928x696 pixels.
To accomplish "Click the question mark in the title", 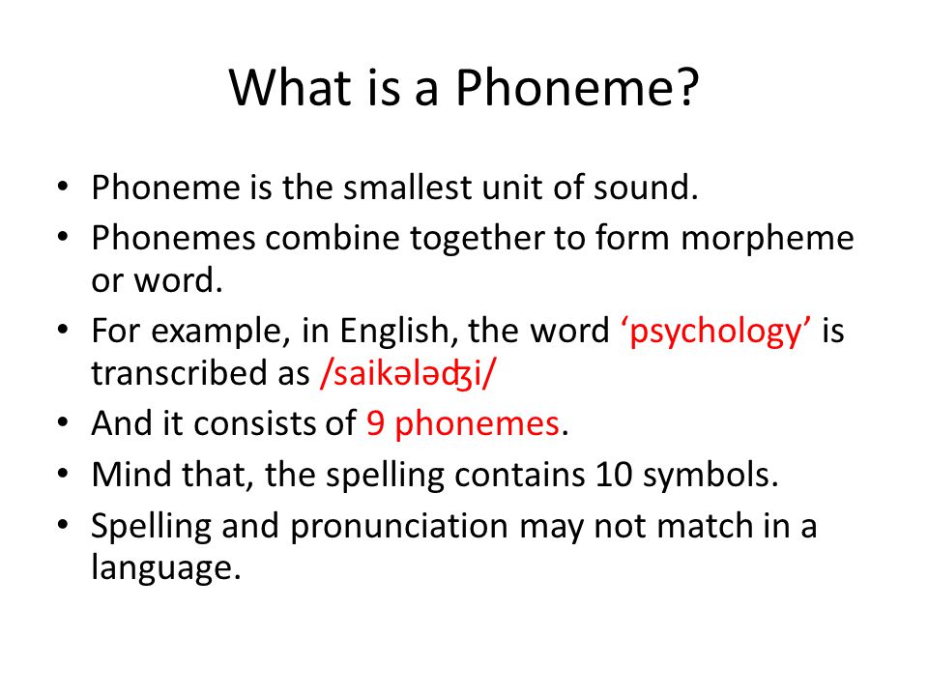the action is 685,87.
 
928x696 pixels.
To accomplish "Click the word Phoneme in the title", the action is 560,88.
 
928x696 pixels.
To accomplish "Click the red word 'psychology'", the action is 715,333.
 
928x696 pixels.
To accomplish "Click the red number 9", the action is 375,423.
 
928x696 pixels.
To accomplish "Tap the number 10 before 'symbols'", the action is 614,475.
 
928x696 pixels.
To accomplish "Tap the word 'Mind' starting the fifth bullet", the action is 130,475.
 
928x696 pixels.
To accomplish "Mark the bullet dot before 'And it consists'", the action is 63,422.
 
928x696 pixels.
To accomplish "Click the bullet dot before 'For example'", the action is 63,330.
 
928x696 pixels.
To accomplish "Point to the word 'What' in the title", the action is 290,88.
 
